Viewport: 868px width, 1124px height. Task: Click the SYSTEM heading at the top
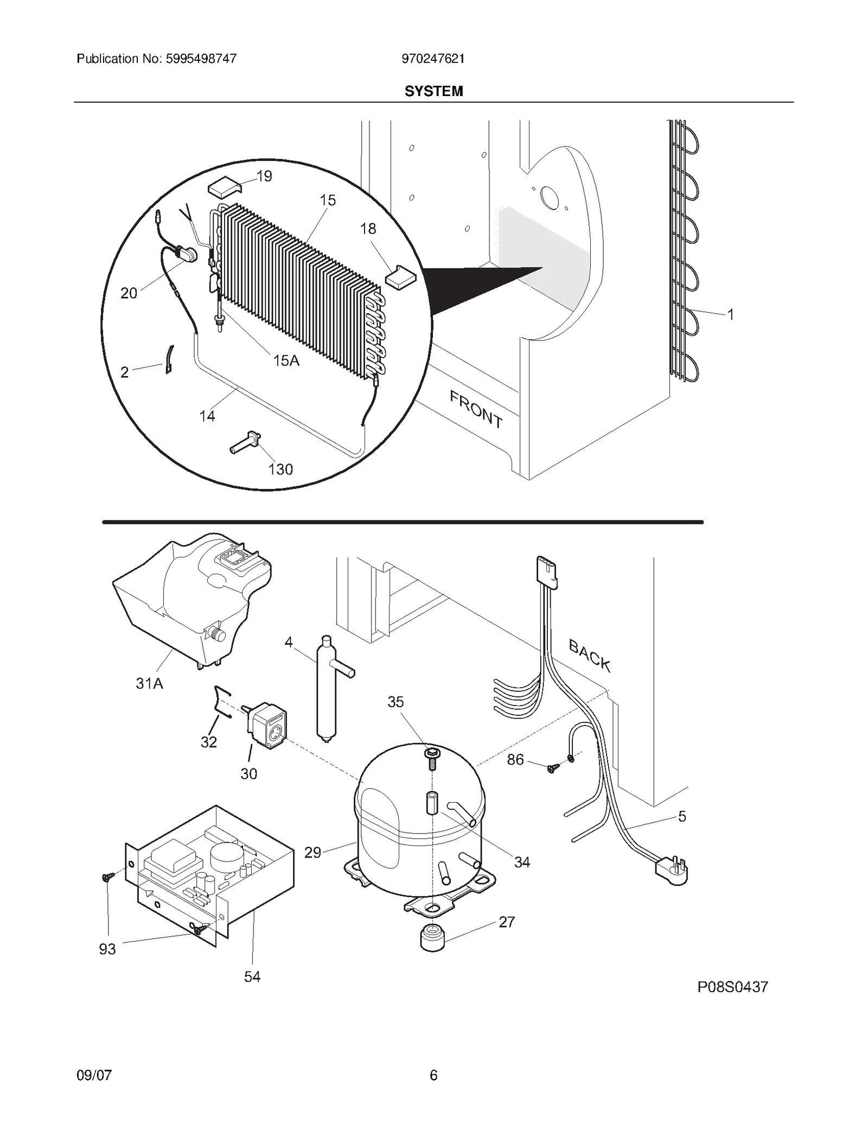point(433,91)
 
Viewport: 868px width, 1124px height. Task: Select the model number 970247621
point(433,59)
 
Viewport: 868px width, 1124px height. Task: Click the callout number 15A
point(286,360)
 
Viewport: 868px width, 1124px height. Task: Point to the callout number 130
point(280,469)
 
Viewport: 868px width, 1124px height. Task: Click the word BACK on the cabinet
point(590,655)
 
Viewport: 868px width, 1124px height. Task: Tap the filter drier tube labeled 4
point(327,689)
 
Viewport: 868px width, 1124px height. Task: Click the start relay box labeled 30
point(268,725)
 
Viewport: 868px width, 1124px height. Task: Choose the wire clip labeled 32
point(222,706)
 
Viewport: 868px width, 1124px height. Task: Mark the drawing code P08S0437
point(732,987)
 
